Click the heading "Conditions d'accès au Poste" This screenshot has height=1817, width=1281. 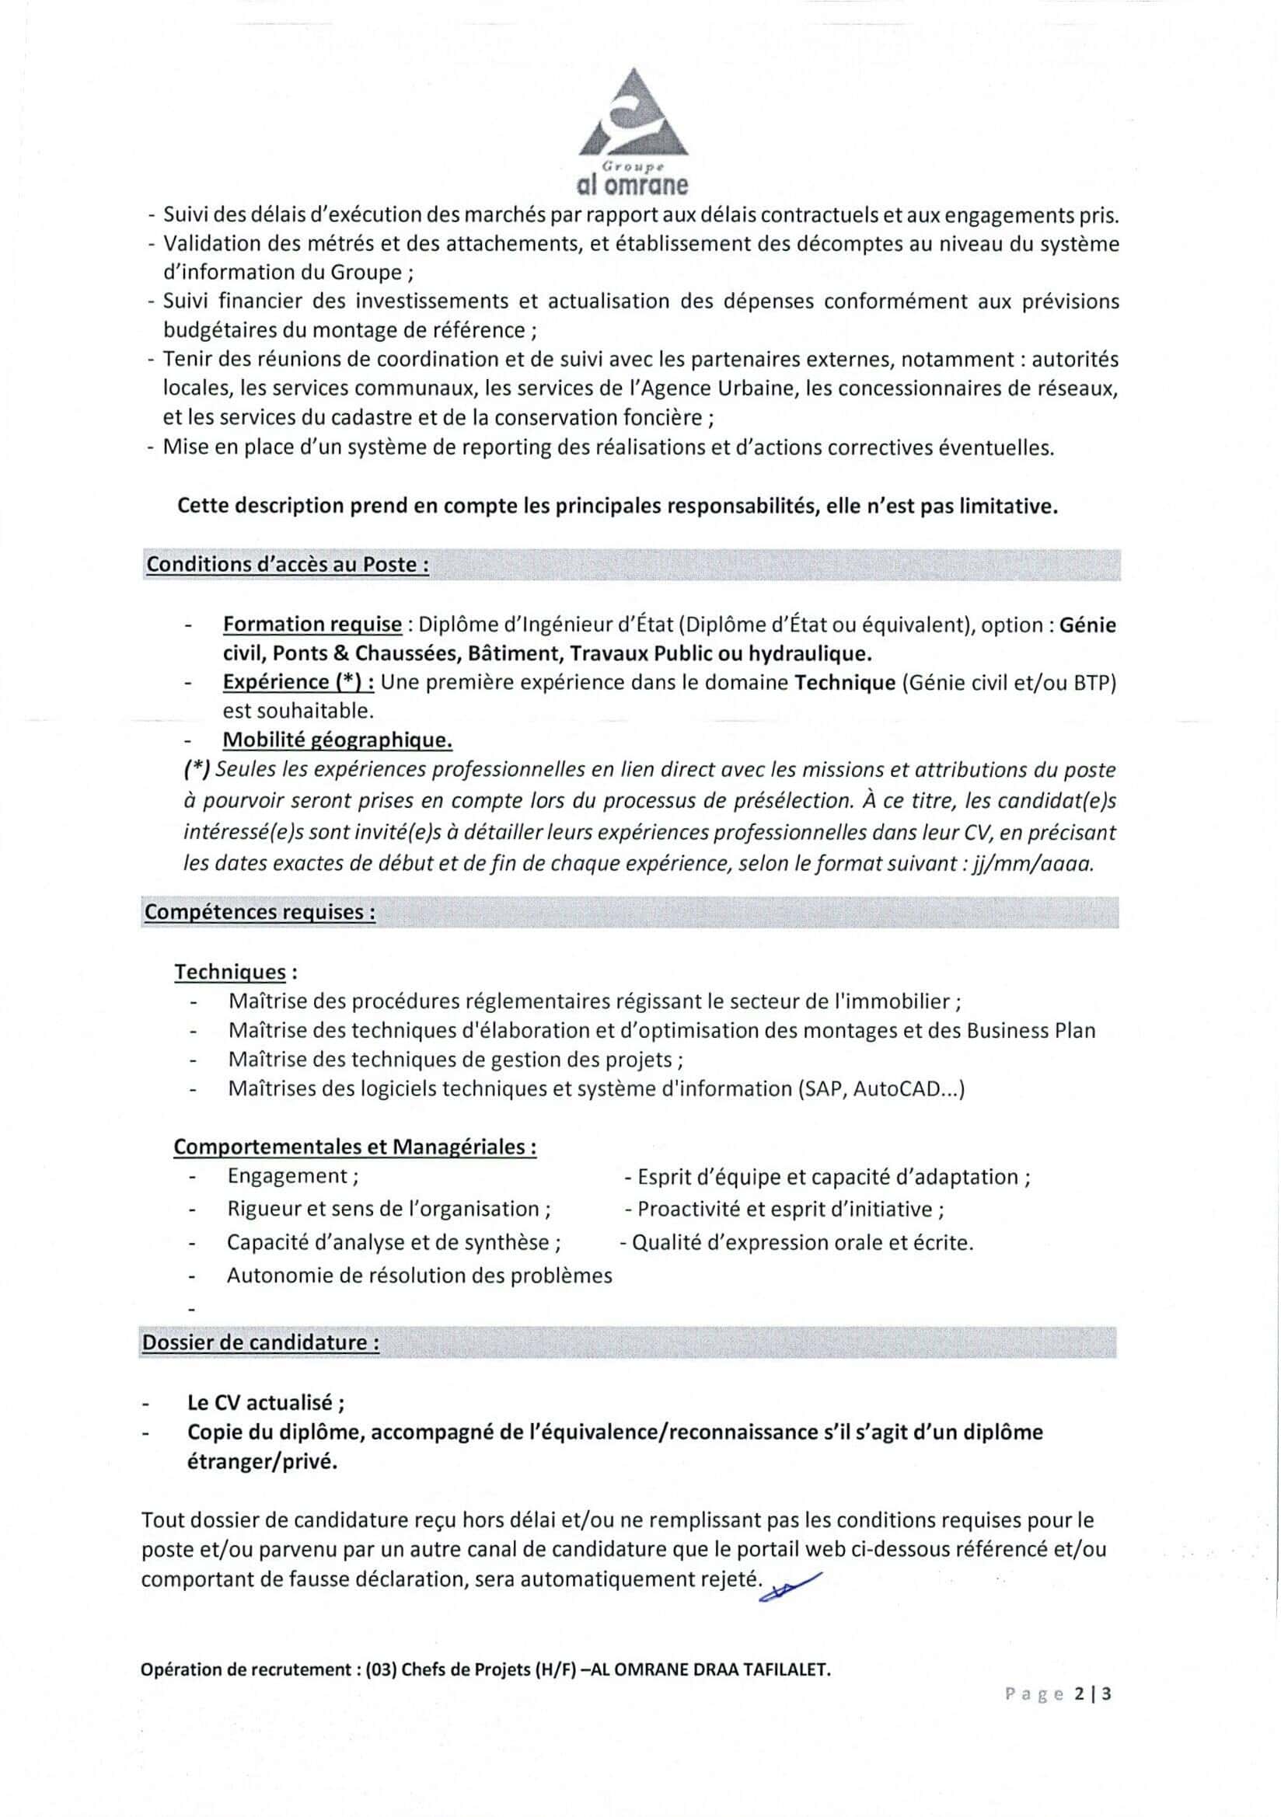[288, 565]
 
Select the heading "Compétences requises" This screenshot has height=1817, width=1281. [260, 912]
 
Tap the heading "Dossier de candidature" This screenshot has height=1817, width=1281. [260, 1343]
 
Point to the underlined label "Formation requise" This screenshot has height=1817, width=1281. [312, 625]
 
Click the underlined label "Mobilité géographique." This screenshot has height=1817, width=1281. [337, 740]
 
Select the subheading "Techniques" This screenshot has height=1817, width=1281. [230, 972]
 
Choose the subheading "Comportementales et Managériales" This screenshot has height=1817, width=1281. [354, 1147]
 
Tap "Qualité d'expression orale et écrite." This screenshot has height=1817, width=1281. [802, 1242]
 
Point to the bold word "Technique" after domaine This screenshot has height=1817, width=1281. [844, 682]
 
